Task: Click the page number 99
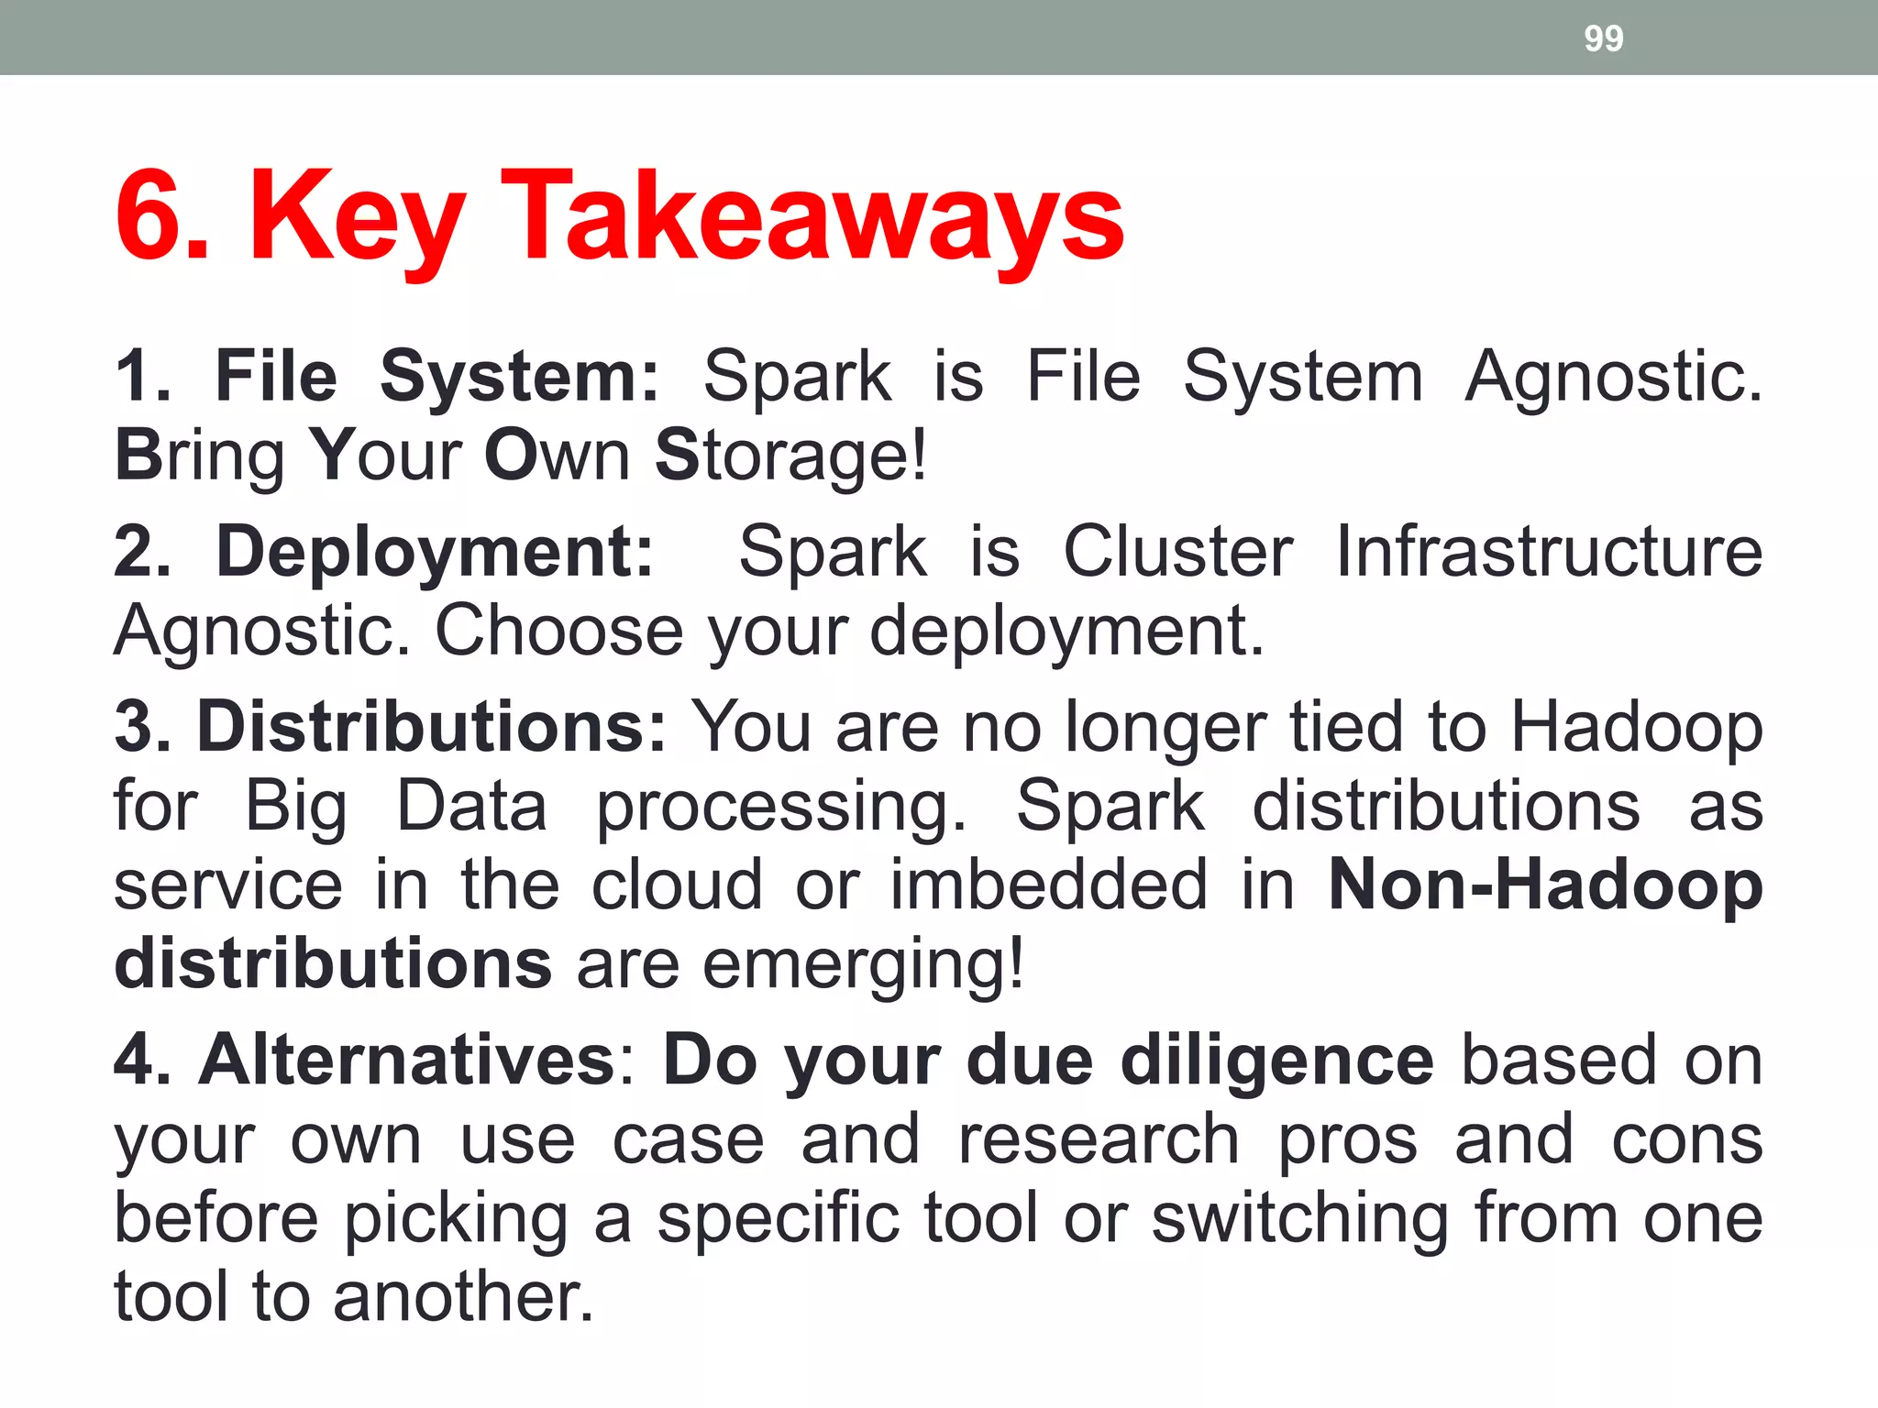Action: [1603, 38]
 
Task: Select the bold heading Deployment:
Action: [436, 552]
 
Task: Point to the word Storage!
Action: [790, 456]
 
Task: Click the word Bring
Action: [200, 456]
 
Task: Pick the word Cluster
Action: [1178, 552]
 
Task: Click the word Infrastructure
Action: [1548, 552]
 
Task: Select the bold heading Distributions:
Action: [432, 726]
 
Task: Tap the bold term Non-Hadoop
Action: [1545, 885]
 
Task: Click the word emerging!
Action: [863, 965]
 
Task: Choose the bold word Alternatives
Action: [407, 1060]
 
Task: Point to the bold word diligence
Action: [1276, 1060]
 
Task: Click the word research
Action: [1099, 1139]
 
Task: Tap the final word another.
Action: [463, 1297]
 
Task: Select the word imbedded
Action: [1049, 885]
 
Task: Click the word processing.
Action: [781, 807]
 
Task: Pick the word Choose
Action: [558, 631]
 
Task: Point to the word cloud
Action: [677, 885]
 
